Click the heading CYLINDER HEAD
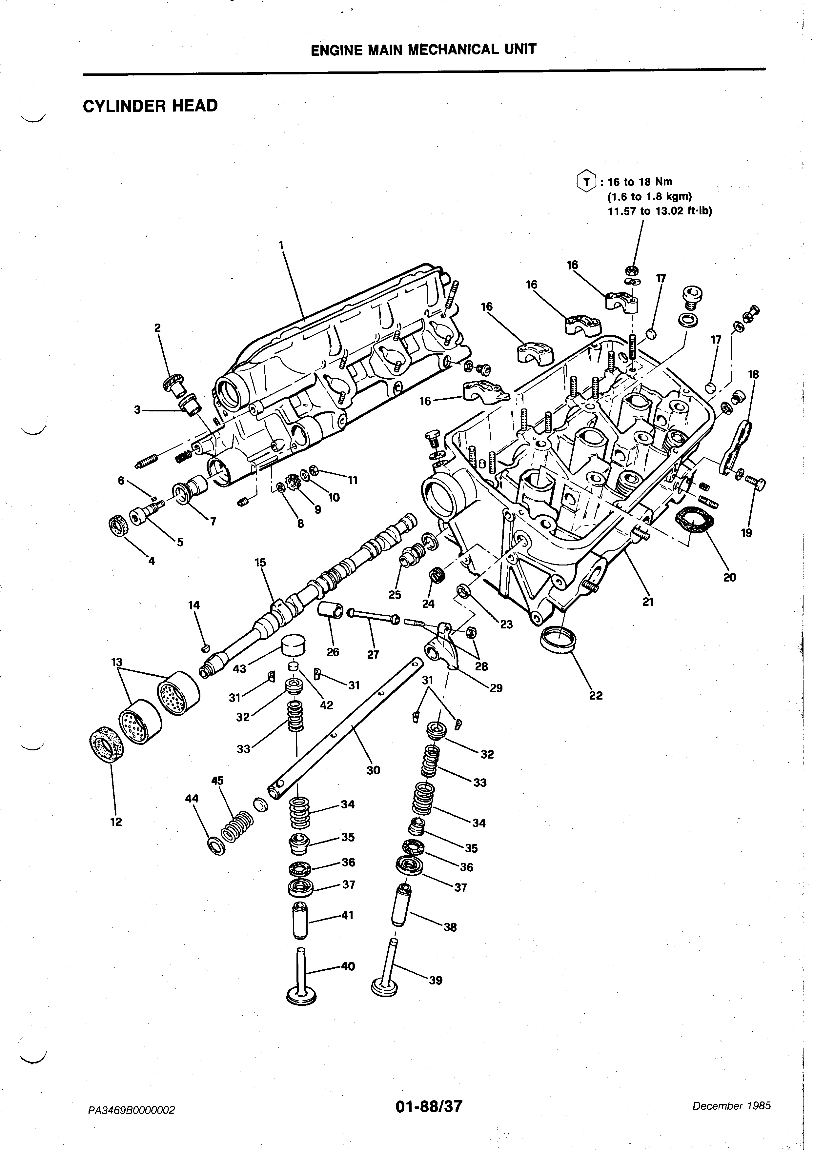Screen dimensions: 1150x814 [x=150, y=106]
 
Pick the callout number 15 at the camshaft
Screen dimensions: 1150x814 [x=260, y=563]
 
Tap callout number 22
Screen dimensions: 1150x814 [x=596, y=695]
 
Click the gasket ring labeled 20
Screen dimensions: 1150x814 [x=691, y=523]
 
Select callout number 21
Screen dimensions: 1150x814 [x=648, y=602]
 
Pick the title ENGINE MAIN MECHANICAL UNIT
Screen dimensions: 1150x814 [x=423, y=50]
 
